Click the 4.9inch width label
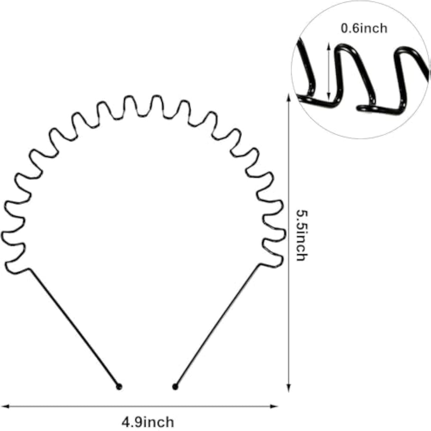(148, 422)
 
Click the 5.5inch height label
(301, 235)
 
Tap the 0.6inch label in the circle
(364, 28)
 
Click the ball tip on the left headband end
(119, 387)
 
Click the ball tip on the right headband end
(175, 387)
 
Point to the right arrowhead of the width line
(274, 406)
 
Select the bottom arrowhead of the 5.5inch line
(289, 388)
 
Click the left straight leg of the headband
(74, 327)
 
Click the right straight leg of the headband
(218, 325)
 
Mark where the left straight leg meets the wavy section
(30, 269)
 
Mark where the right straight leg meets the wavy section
(260, 264)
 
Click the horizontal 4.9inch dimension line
(140, 406)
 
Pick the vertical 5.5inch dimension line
(289, 243)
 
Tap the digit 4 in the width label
(125, 422)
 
